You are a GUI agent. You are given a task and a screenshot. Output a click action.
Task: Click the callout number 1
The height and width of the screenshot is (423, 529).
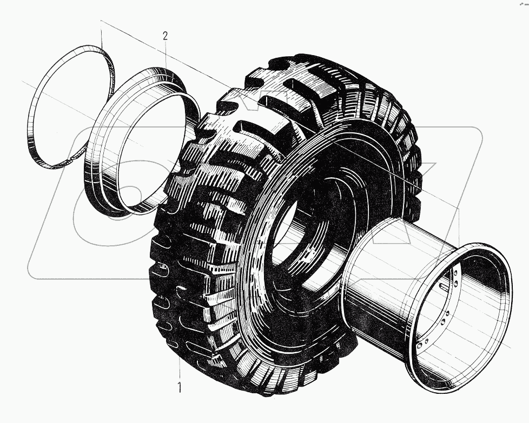[180, 387]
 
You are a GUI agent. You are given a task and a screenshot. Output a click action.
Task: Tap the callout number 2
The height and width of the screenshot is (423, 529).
[166, 36]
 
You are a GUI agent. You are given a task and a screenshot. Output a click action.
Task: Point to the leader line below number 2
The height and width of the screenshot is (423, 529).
[166, 57]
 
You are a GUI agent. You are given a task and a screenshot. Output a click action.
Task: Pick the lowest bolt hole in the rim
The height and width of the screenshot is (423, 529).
[421, 344]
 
